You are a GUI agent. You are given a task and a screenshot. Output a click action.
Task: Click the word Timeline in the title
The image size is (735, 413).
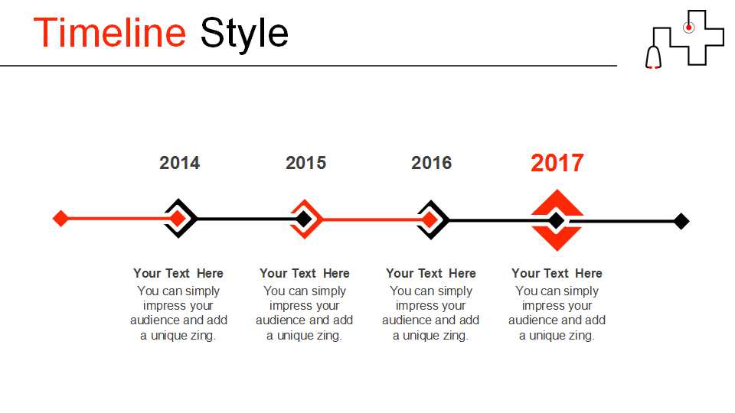tap(109, 32)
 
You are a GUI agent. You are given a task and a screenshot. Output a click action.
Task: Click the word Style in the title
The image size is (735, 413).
tap(244, 34)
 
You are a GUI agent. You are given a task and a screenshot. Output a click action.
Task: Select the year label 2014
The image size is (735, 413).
tap(179, 163)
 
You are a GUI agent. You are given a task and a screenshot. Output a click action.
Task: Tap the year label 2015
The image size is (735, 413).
tap(305, 163)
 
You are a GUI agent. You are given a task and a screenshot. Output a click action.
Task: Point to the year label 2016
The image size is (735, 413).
tap(431, 163)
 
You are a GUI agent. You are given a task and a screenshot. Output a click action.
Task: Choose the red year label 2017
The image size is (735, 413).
tap(557, 163)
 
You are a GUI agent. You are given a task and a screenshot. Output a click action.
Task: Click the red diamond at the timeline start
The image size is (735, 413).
tap(60, 218)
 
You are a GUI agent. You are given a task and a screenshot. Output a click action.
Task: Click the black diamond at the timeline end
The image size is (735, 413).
tap(681, 221)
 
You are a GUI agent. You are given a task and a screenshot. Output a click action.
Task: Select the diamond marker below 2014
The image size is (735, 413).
tap(178, 218)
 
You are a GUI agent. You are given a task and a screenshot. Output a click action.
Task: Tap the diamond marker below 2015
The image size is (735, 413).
tap(305, 219)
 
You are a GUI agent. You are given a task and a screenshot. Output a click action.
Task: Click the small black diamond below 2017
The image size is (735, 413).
tap(557, 220)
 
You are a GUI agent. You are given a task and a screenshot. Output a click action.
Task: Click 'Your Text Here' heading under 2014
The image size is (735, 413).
tap(178, 273)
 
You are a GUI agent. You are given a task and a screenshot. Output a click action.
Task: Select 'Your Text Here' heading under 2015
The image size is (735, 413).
tap(305, 273)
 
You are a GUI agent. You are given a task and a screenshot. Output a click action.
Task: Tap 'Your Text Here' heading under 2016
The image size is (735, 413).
tap(431, 273)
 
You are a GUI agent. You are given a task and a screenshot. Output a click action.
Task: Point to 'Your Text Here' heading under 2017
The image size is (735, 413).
tap(557, 273)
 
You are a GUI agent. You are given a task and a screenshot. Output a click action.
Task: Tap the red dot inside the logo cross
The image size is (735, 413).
tap(688, 28)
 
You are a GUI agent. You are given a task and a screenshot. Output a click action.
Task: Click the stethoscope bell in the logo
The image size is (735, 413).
tap(653, 57)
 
